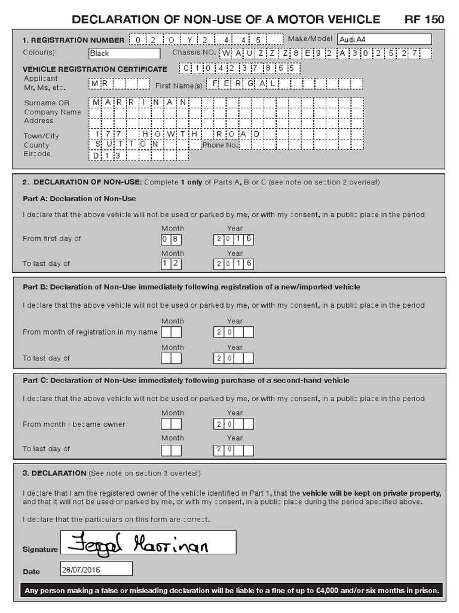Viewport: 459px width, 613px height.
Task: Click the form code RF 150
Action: point(424,19)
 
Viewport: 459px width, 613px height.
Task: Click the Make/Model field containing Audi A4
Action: point(384,40)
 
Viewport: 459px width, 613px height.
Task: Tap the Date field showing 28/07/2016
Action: point(96,568)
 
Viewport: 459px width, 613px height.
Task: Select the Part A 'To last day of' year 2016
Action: point(234,264)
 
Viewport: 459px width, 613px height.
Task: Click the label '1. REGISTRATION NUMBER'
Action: point(74,40)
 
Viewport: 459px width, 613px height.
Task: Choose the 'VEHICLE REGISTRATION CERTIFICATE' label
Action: point(94,69)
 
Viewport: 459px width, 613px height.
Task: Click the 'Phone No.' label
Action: point(221,145)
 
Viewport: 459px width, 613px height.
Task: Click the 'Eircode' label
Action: point(37,154)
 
